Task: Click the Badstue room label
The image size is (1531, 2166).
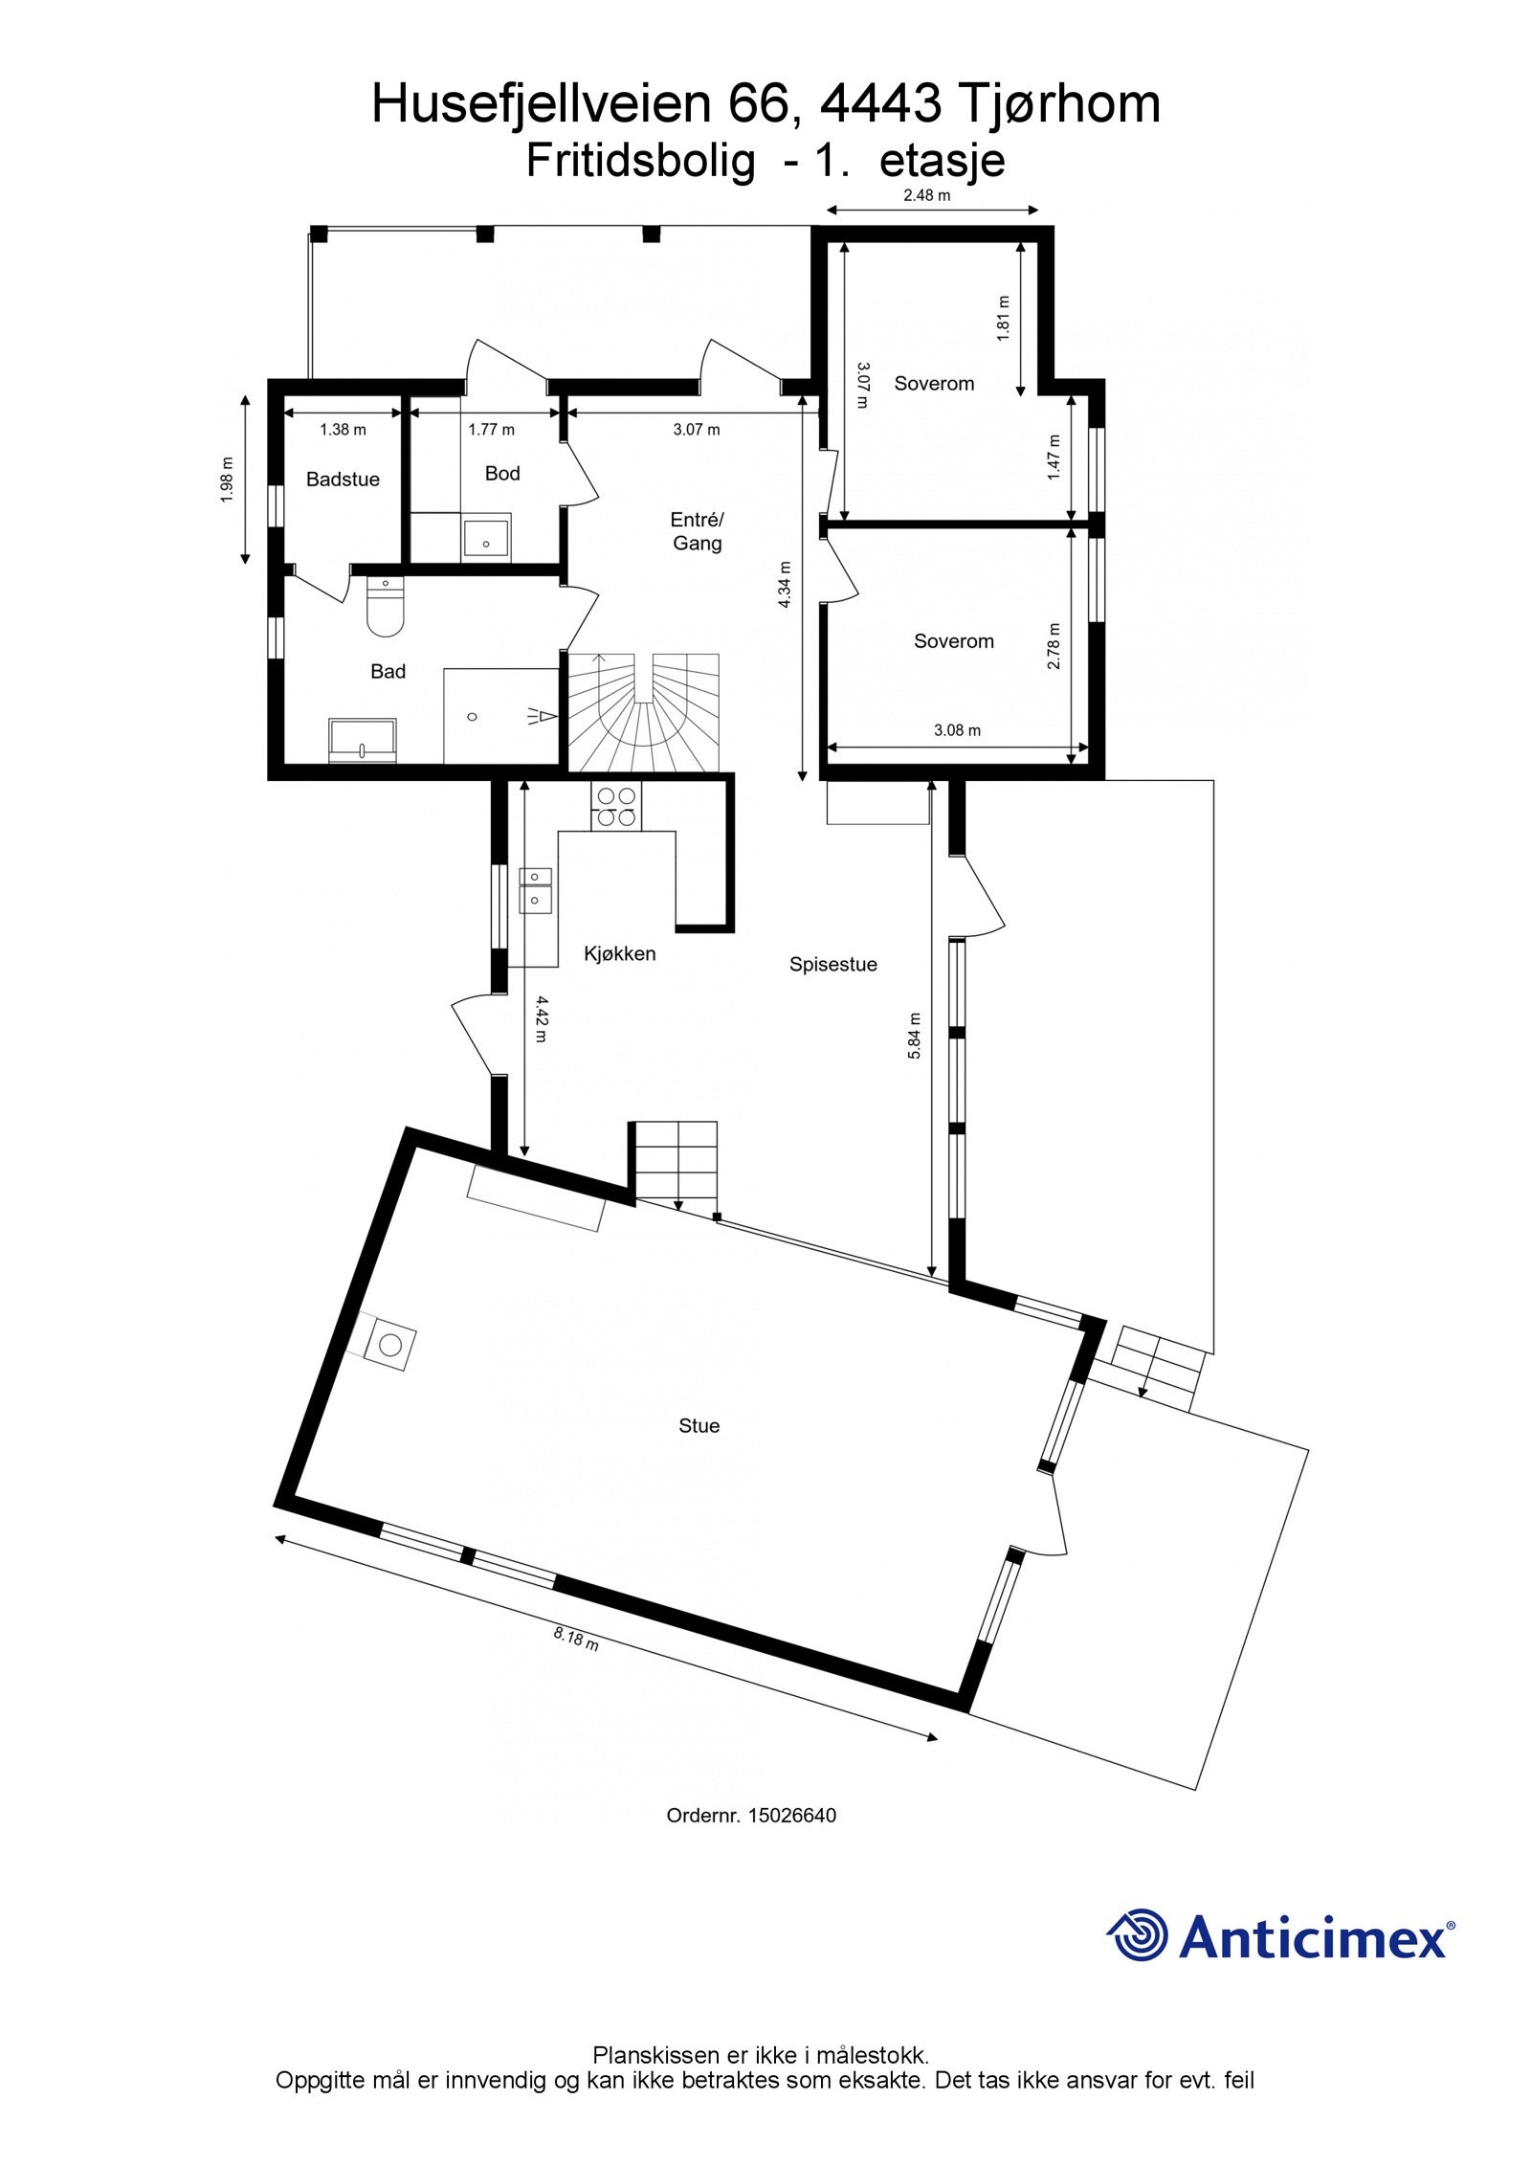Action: pyautogui.click(x=343, y=480)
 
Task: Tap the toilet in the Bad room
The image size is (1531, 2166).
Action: pyautogui.click(x=386, y=609)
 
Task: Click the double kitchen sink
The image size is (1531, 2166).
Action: pyautogui.click(x=535, y=888)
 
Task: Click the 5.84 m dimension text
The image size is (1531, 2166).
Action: pyautogui.click(x=915, y=1035)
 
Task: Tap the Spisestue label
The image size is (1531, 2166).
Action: pyautogui.click(x=832, y=965)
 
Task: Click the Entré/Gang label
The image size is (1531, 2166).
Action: pyautogui.click(x=697, y=531)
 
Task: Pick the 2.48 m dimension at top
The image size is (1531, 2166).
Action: pyautogui.click(x=927, y=196)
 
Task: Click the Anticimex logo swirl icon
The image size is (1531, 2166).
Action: pyautogui.click(x=1138, y=1935)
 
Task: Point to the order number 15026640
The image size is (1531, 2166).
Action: pyautogui.click(x=791, y=1816)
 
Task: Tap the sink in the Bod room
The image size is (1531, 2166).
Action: pyautogui.click(x=487, y=538)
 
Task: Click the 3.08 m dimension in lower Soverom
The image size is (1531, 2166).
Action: pyautogui.click(x=957, y=730)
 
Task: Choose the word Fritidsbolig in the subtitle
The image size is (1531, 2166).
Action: pyautogui.click(x=640, y=161)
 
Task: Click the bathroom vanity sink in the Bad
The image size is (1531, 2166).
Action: pyautogui.click(x=363, y=742)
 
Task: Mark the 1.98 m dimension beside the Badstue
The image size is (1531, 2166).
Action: pyautogui.click(x=228, y=480)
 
